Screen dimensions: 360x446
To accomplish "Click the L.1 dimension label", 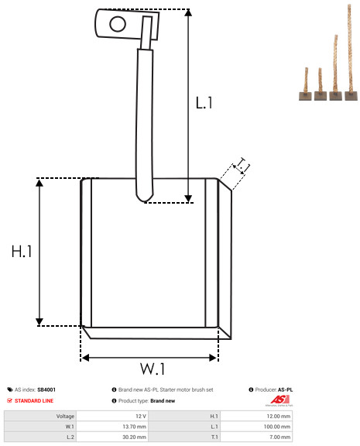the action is point(204,102).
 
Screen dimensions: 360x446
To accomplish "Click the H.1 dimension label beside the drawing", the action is point(22,252).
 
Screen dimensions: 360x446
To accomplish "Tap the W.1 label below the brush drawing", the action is point(153,369).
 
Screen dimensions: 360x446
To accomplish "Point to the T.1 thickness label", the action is point(242,166).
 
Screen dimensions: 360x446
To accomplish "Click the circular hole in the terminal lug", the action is point(118,24).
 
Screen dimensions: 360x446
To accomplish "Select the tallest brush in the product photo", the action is point(351,53).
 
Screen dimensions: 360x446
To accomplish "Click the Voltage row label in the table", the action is point(65,417).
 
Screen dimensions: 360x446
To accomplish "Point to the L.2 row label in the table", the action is point(70,437).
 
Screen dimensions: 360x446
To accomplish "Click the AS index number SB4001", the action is point(46,389).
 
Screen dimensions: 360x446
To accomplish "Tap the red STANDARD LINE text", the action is point(34,401).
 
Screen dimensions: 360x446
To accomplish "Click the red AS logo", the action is point(279,400).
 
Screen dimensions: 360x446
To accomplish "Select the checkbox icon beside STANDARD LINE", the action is point(9,400).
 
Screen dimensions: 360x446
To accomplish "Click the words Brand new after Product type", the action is point(163,401).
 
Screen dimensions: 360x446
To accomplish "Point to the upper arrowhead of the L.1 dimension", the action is point(188,12).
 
